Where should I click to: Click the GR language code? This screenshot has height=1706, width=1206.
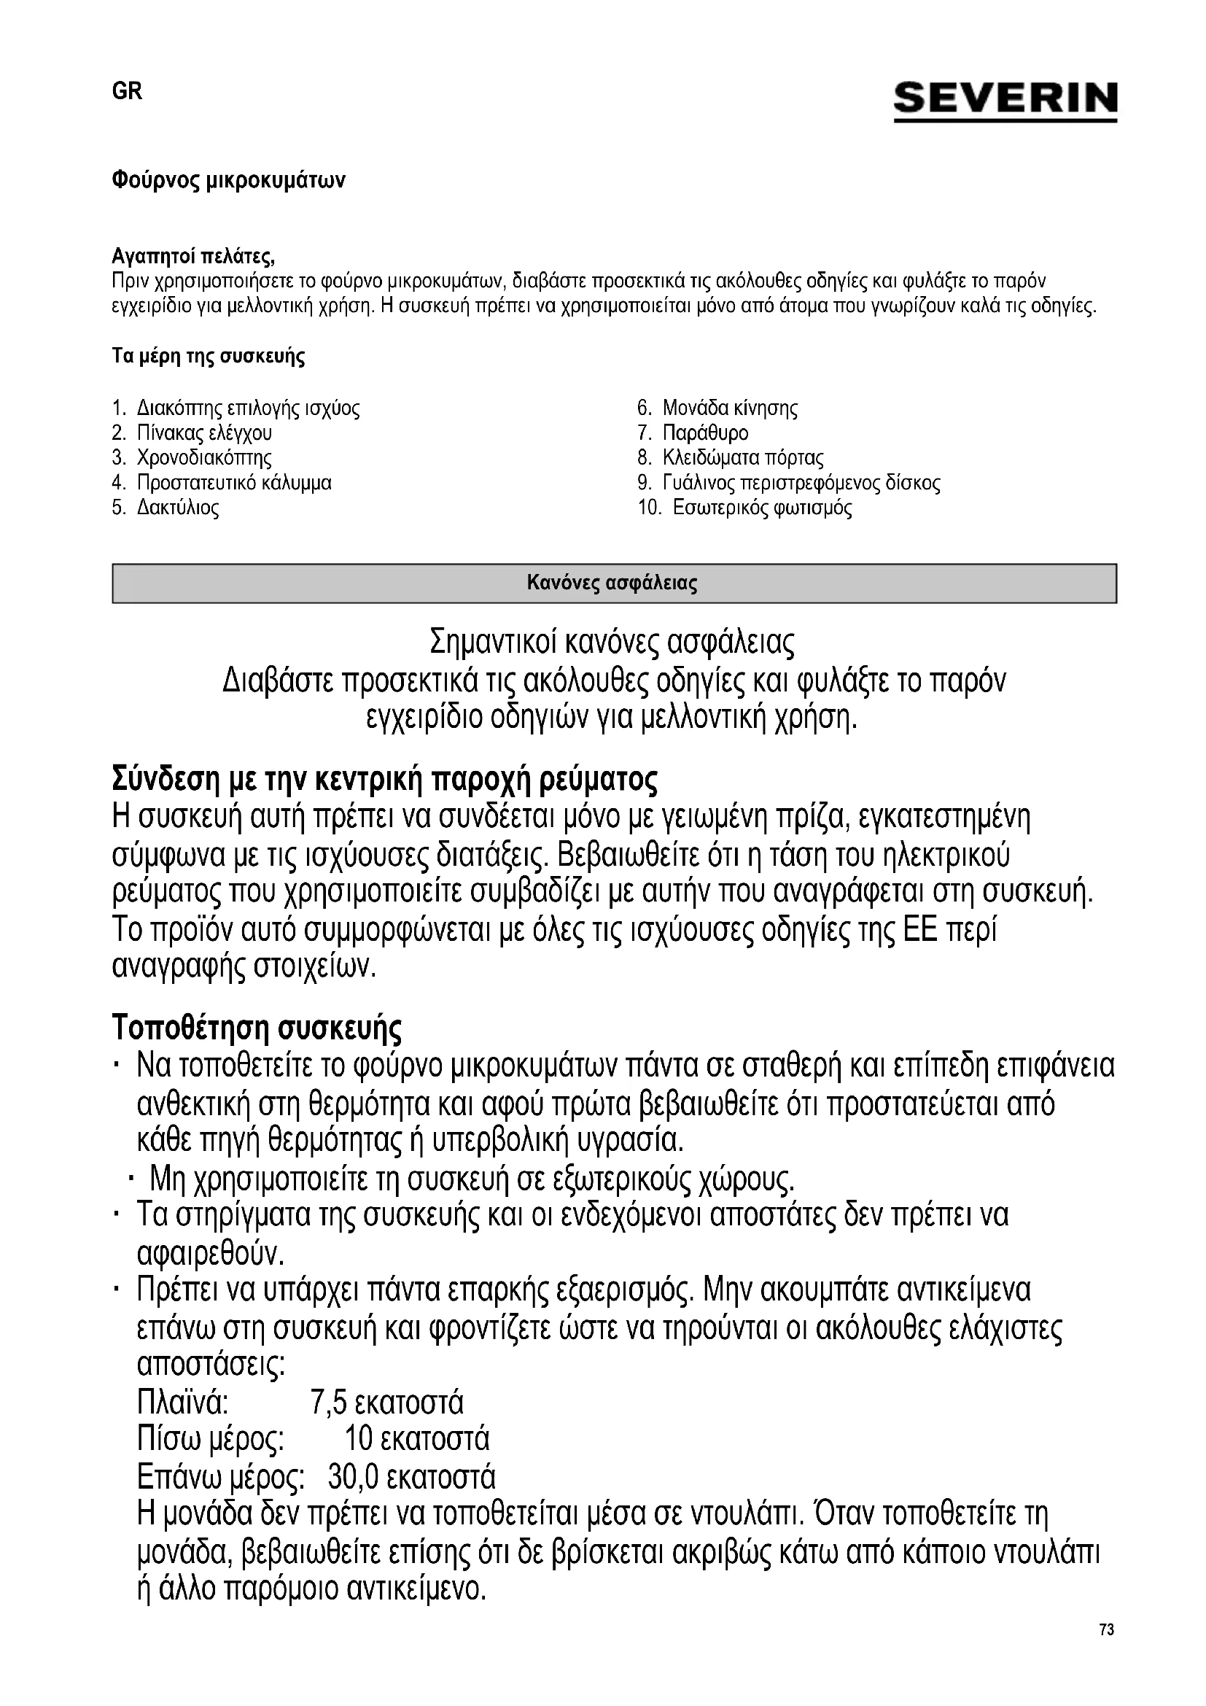click(127, 91)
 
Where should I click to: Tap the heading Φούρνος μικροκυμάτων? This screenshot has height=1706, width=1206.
click(229, 181)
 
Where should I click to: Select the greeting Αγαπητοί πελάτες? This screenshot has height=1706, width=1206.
click(193, 257)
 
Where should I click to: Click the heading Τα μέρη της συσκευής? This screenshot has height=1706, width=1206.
click(208, 357)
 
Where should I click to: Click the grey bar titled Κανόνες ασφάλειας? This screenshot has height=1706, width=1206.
click(613, 584)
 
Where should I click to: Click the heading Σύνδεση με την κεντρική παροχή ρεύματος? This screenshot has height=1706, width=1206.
click(385, 780)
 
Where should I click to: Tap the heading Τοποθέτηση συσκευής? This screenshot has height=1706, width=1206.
click(257, 1028)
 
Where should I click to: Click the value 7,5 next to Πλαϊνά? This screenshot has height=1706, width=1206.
click(328, 1403)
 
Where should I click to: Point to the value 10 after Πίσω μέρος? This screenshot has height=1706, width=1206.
click(358, 1439)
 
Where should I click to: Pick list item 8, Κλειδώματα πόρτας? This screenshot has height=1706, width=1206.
click(742, 458)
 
